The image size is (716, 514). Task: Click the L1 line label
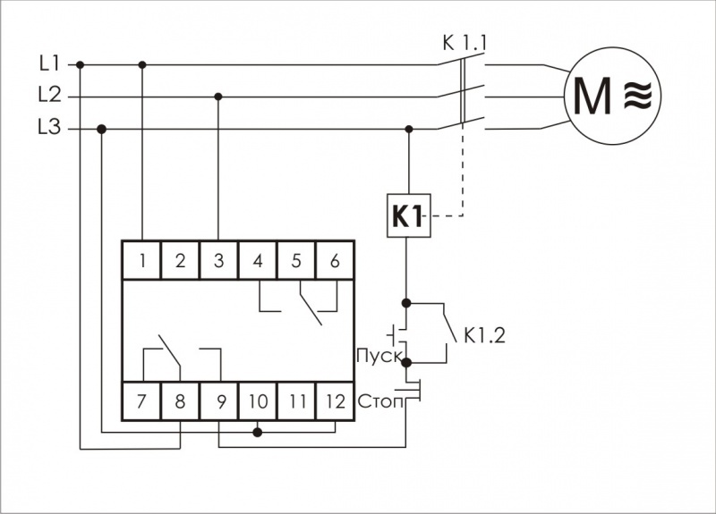[49, 63]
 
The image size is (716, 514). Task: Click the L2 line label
[49, 96]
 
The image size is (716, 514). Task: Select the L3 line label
[49, 128]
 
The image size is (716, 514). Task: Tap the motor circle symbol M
[612, 96]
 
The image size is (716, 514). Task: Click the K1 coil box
[409, 215]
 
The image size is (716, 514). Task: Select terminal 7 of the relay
[142, 401]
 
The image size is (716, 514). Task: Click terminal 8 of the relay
[181, 401]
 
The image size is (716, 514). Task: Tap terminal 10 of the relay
[258, 401]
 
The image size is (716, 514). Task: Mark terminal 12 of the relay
[335, 401]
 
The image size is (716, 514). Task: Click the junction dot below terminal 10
[258, 433]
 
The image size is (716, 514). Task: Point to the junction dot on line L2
[219, 96]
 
